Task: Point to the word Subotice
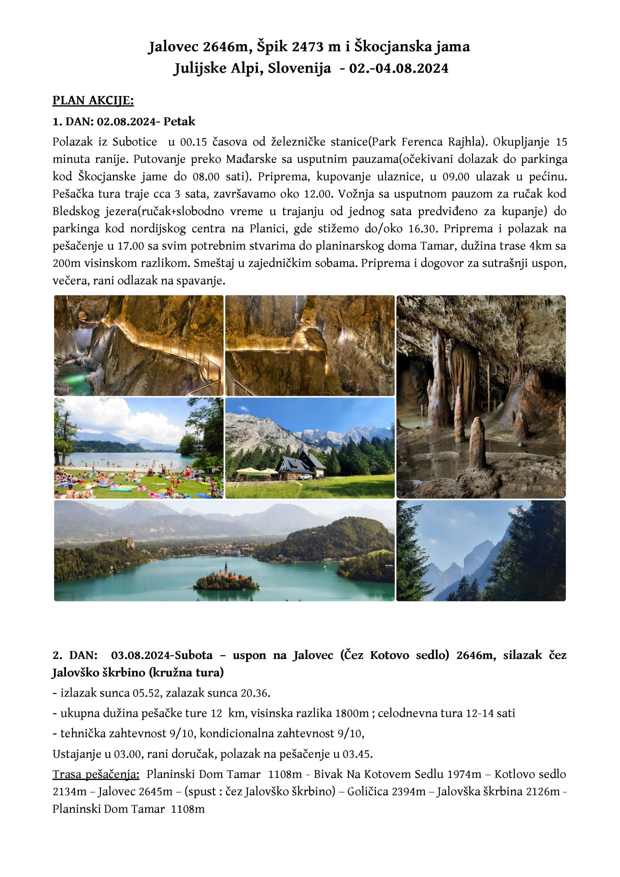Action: [135, 142]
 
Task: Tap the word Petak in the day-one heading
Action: [179, 122]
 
